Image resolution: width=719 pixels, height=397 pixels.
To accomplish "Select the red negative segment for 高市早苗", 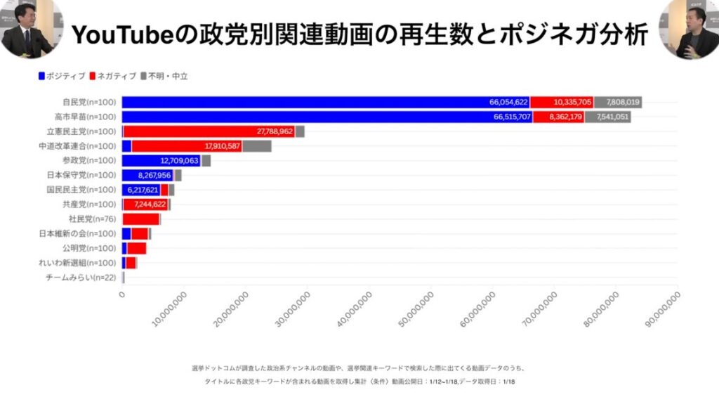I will point(558,117).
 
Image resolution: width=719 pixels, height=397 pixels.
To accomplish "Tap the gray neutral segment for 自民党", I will point(618,103).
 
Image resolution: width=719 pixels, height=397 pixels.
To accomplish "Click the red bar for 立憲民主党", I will point(209,131).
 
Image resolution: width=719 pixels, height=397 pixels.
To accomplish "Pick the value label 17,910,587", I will point(223,146).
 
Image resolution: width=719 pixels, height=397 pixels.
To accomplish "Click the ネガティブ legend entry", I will point(113,75).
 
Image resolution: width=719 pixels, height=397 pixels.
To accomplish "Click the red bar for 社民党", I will point(140,219).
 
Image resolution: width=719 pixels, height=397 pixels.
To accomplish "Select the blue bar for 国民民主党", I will point(141,190).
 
